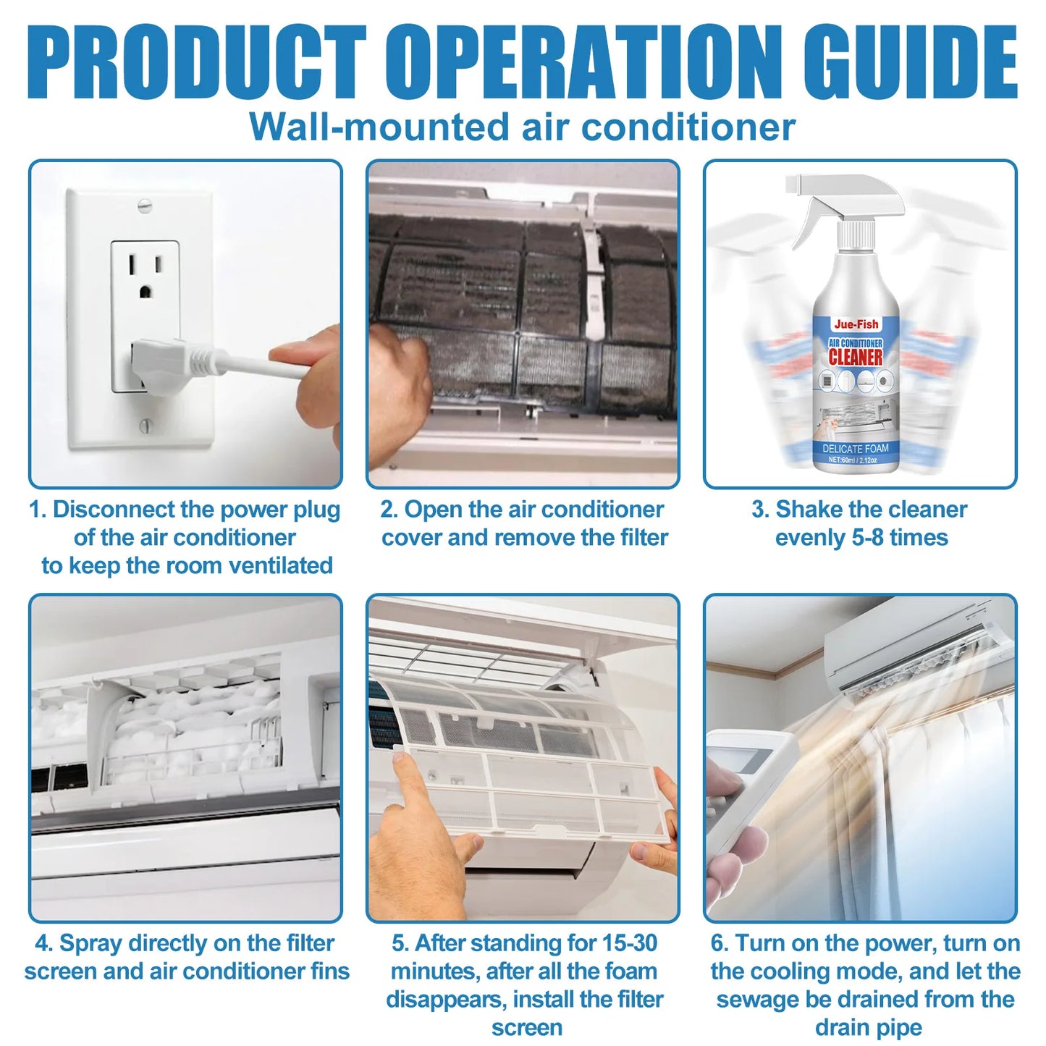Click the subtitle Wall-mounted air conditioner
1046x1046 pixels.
(x=522, y=127)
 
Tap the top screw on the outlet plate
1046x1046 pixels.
(x=145, y=206)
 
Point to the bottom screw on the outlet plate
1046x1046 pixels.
(x=145, y=426)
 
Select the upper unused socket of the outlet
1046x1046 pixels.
(x=145, y=276)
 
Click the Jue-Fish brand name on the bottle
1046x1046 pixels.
(x=856, y=324)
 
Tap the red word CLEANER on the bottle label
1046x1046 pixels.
(x=856, y=357)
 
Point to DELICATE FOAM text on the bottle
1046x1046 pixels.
(x=856, y=448)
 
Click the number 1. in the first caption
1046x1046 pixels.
(x=38, y=510)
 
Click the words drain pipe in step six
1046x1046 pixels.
(x=868, y=1027)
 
